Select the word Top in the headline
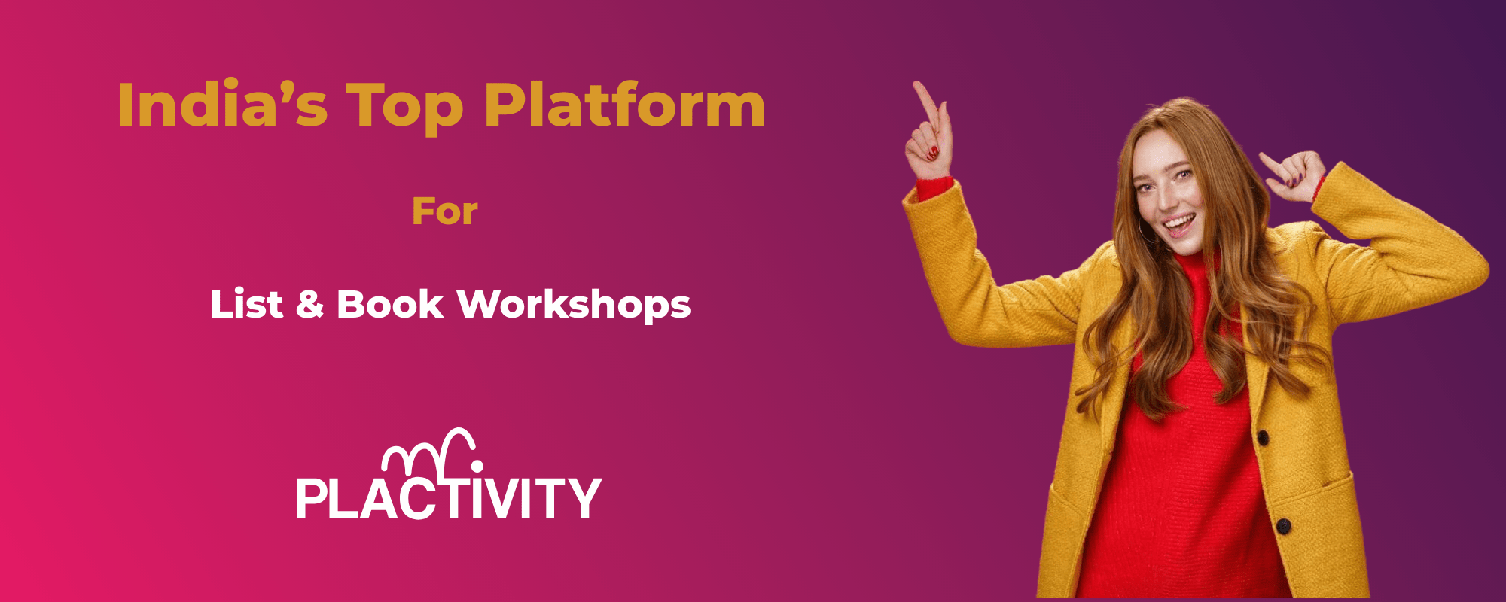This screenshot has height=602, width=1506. [x=404, y=108]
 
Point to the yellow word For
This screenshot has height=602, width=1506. [x=444, y=211]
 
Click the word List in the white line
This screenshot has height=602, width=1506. [x=247, y=304]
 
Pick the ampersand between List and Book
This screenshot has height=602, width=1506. [x=309, y=305]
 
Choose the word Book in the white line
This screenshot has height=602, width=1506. [x=390, y=304]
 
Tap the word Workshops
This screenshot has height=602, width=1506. [x=574, y=306]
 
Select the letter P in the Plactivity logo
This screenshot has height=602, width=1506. [x=311, y=497]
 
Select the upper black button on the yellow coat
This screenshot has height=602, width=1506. [x=1264, y=437]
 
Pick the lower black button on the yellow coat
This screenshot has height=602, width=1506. [x=1283, y=526]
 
